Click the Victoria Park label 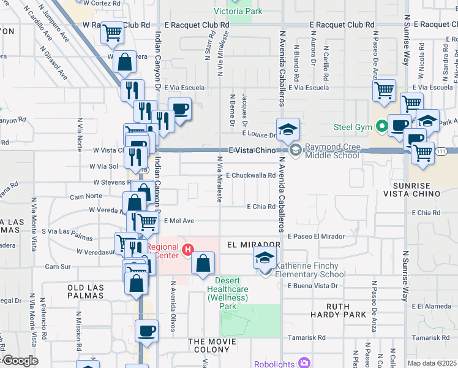[238, 11]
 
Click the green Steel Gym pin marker [383, 128]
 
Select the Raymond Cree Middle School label [332, 151]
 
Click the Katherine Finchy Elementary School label [310, 270]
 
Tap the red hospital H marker [189, 250]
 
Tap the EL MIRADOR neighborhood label [253, 244]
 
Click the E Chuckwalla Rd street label [250, 175]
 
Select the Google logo [20, 361]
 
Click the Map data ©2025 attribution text [432, 362]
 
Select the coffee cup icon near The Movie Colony [146, 331]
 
